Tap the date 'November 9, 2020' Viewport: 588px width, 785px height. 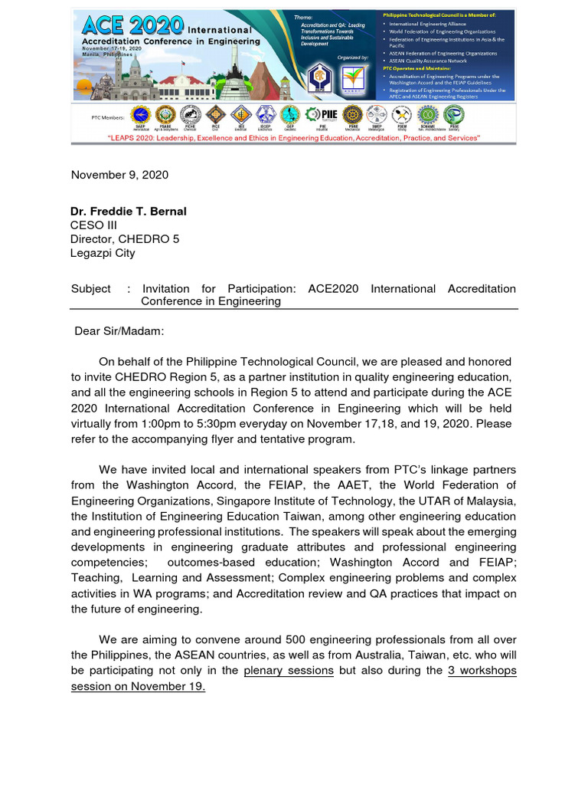(x=119, y=175)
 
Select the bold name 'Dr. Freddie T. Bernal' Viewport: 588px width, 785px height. (x=128, y=212)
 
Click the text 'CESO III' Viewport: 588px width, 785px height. (x=93, y=225)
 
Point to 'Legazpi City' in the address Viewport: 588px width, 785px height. (x=103, y=252)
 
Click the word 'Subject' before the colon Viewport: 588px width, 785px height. (x=90, y=289)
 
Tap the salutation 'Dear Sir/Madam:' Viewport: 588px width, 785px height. (x=119, y=331)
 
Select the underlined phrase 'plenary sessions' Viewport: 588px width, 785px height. (x=289, y=671)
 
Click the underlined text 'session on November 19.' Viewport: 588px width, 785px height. (x=138, y=686)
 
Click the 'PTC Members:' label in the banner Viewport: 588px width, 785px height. (x=106, y=117)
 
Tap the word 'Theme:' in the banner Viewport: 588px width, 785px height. (x=303, y=17)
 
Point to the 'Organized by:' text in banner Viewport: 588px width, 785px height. (x=352, y=57)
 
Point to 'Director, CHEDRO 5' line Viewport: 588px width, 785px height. (x=125, y=238)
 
